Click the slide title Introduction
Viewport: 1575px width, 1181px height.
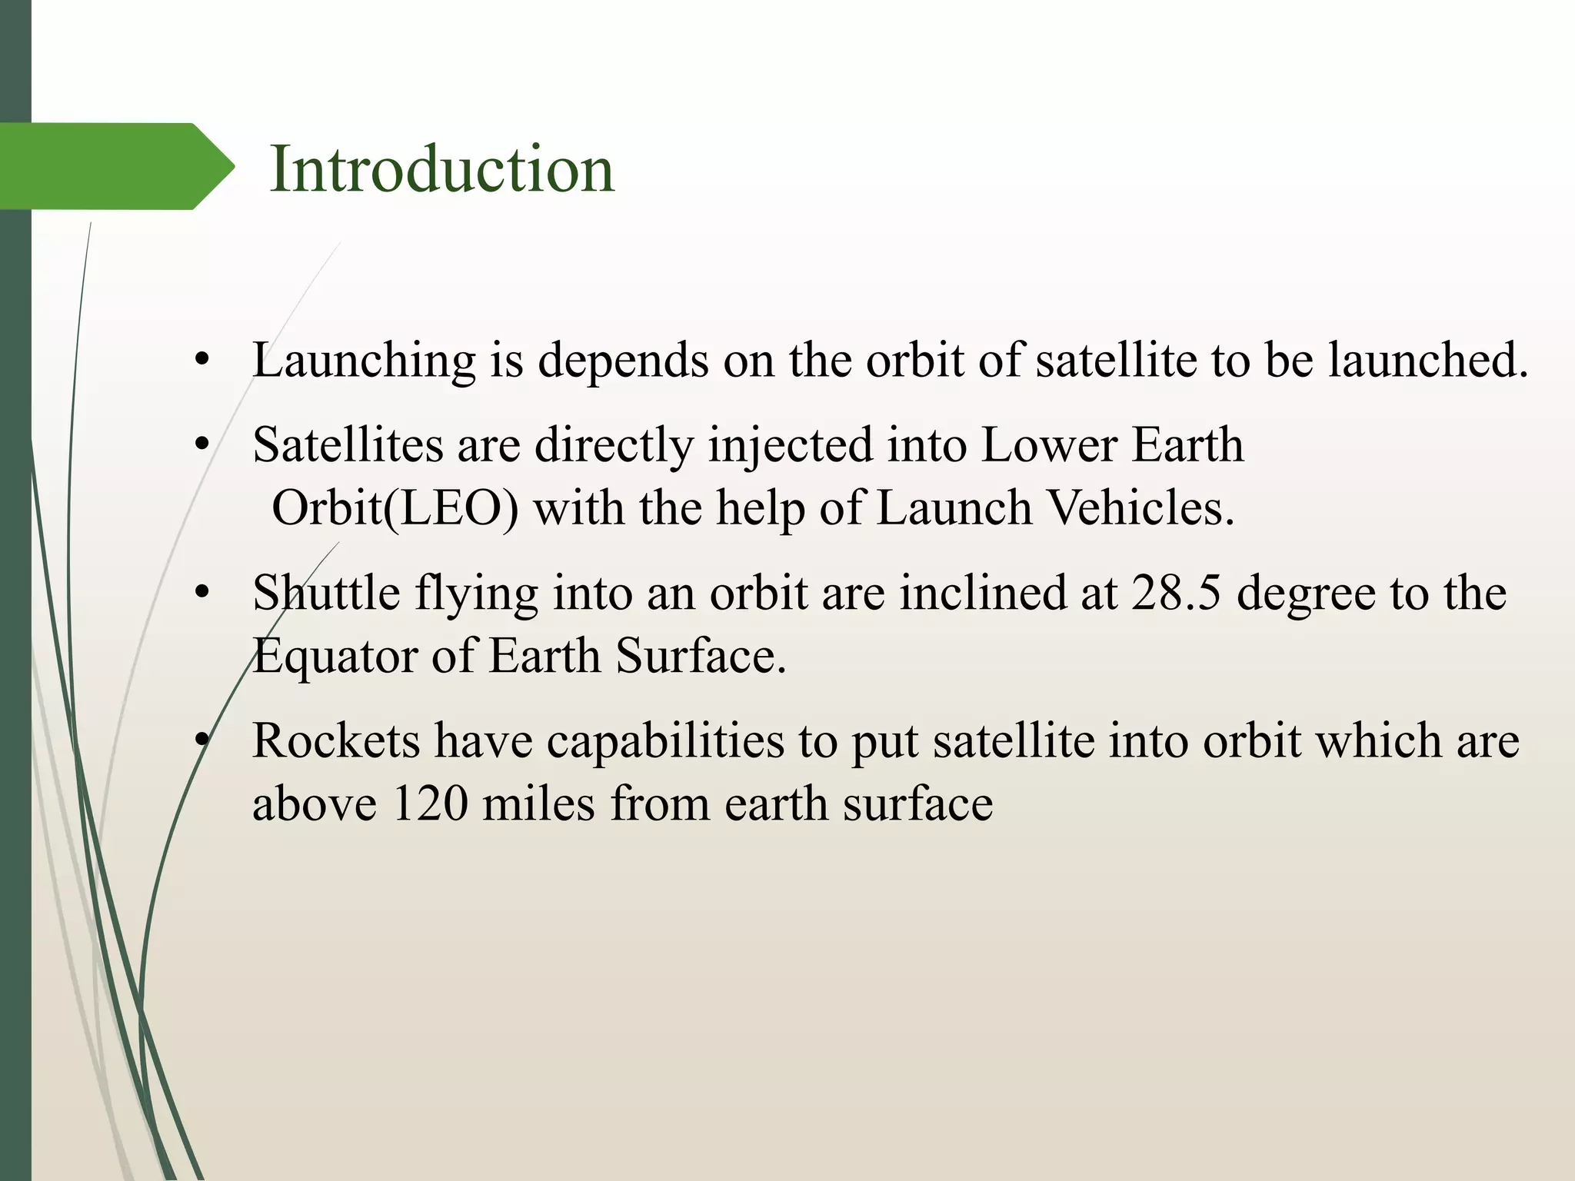[442, 169]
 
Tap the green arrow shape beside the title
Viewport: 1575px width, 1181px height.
[115, 166]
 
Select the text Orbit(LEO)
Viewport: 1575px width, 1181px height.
[395, 508]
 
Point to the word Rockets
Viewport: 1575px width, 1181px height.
[337, 741]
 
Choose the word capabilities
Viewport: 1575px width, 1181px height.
[666, 741]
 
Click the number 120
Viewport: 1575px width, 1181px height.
[430, 804]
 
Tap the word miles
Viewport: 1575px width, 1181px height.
[538, 804]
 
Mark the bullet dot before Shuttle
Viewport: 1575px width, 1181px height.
[202, 593]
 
